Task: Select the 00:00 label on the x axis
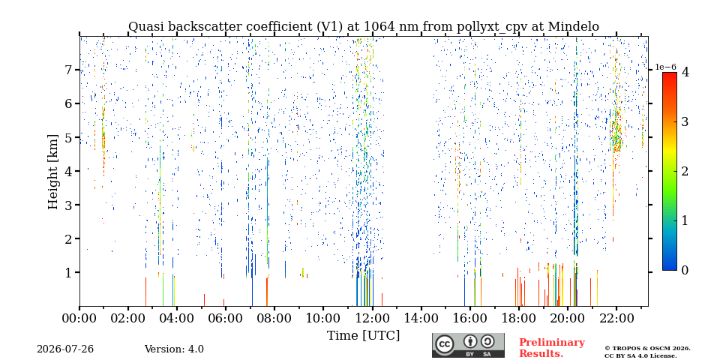pyautogui.click(x=80, y=318)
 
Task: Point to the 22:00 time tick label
pyautogui.click(x=616, y=318)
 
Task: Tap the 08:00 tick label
pyautogui.click(x=274, y=318)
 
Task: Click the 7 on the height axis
pyautogui.click(x=69, y=70)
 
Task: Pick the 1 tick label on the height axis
pyautogui.click(x=69, y=272)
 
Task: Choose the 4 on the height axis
pyautogui.click(x=69, y=171)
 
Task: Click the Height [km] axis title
pyautogui.click(x=53, y=172)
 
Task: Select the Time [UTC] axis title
pyautogui.click(x=363, y=336)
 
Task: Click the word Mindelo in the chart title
pyautogui.click(x=574, y=27)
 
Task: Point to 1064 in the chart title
pyautogui.click(x=379, y=27)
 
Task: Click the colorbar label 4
pyautogui.click(x=685, y=72)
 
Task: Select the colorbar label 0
pyautogui.click(x=685, y=270)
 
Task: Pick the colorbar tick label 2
pyautogui.click(x=685, y=171)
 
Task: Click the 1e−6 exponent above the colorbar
pyautogui.click(x=666, y=67)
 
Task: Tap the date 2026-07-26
pyautogui.click(x=65, y=349)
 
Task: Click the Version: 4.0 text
pyautogui.click(x=174, y=349)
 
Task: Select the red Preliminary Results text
pyautogui.click(x=552, y=347)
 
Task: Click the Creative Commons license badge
pyautogui.click(x=468, y=345)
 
